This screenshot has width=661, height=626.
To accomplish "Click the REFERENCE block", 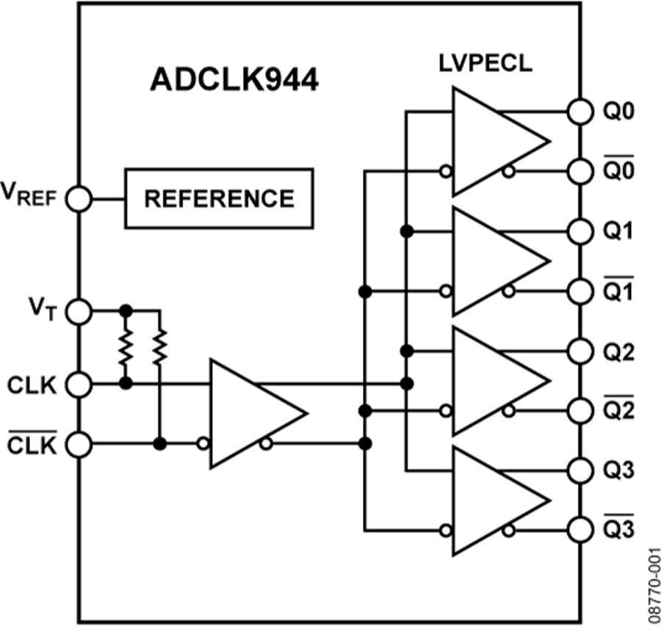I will (219, 198).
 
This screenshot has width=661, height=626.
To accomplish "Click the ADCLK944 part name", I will (234, 80).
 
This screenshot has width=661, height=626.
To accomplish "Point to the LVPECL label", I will (485, 64).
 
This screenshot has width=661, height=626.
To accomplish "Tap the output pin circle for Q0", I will (580, 112).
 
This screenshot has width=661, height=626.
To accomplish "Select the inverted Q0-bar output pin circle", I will (580, 171).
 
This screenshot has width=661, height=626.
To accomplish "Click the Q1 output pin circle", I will (580, 231).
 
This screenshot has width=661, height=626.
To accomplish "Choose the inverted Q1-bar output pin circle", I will (580, 291).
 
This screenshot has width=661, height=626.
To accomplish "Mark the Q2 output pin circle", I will (580, 350).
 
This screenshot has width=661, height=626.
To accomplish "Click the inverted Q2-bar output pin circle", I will (580, 410).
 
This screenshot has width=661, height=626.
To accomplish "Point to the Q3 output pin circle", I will (580, 469).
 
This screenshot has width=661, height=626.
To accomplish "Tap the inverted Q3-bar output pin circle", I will (580, 528).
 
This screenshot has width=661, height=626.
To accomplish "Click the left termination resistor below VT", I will (126, 347).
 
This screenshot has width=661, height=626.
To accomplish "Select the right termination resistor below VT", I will (159, 347).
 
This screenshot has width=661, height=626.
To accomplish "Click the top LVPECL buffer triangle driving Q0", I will (492, 142).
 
